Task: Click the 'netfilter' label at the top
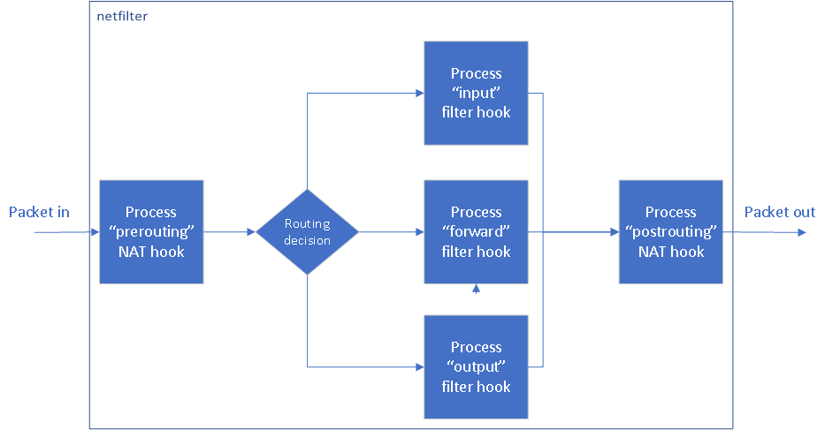122,17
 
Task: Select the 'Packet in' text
39,212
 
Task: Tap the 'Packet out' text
779,212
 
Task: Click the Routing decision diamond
307,232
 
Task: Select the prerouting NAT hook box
151,232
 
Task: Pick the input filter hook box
476,93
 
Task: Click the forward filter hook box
476,232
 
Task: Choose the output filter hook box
476,366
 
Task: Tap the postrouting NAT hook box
670,232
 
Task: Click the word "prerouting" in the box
151,232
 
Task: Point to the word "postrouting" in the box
670,232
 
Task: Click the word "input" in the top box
476,93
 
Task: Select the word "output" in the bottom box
476,366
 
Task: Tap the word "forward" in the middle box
476,232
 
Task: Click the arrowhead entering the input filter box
419,93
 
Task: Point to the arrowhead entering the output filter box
419,366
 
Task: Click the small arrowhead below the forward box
476,288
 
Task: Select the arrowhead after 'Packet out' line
801,232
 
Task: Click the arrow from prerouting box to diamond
230,232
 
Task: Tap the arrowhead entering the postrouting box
614,232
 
